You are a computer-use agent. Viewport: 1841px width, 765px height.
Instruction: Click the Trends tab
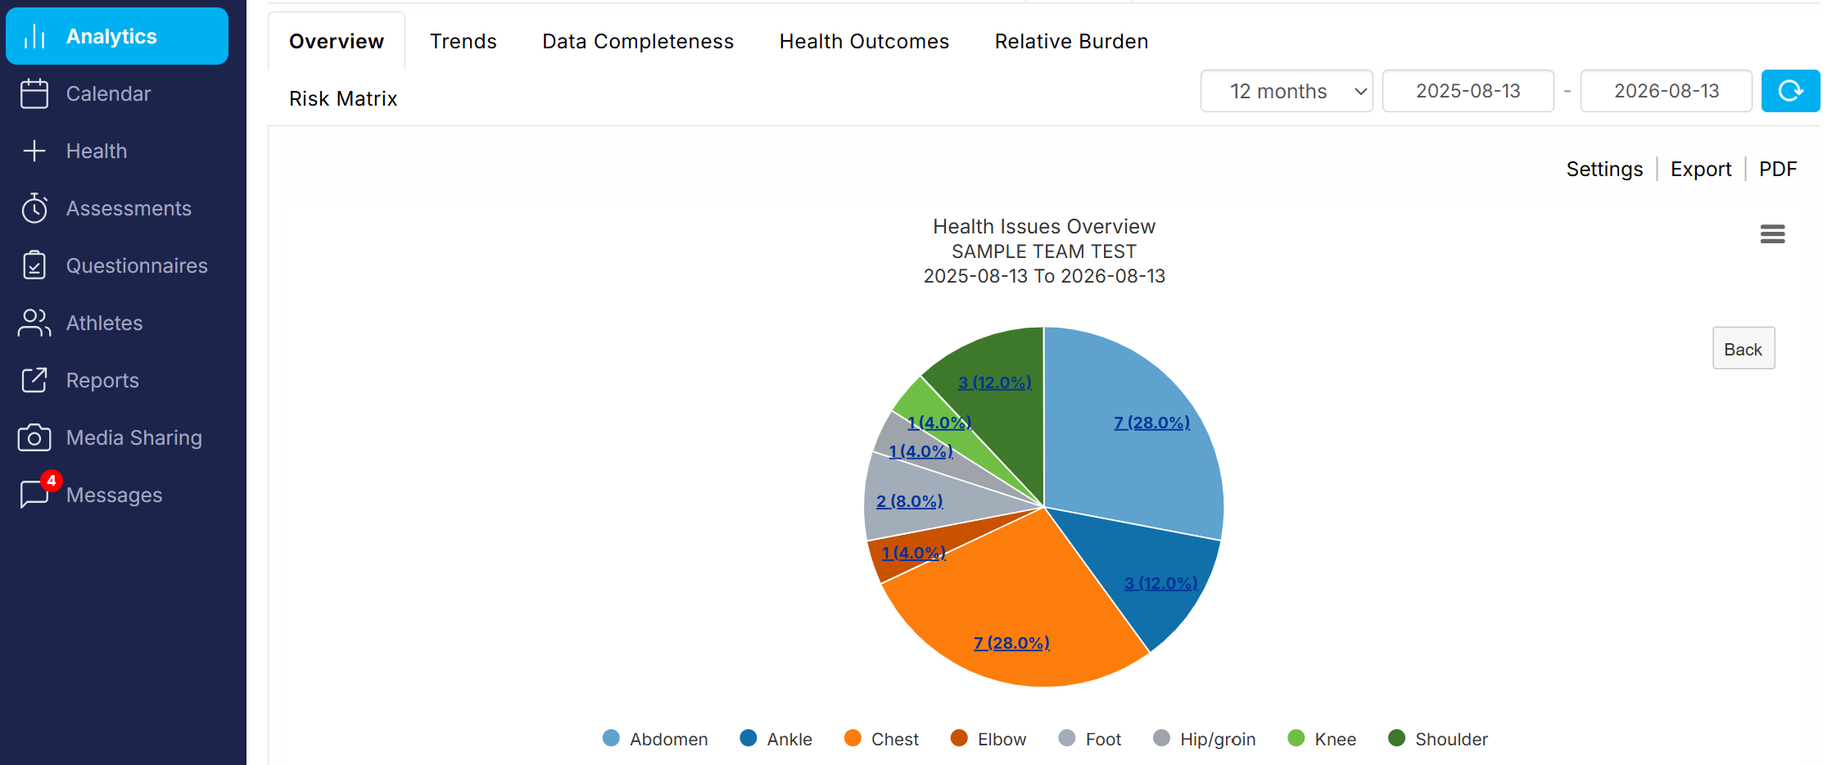[463, 42]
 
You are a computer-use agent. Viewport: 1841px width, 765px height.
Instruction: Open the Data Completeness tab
[638, 42]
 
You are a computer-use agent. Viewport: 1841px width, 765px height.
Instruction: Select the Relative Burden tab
[1071, 42]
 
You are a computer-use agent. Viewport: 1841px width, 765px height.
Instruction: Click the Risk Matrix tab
[343, 99]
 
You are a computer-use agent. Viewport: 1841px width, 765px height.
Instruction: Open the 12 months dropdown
[1287, 91]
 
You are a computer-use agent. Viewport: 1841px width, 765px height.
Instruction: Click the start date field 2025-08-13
[1468, 91]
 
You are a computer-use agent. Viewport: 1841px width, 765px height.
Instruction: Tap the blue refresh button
[1790, 91]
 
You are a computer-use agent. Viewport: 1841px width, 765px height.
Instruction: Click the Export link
[1701, 170]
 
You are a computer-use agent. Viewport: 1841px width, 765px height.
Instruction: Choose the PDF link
[1778, 170]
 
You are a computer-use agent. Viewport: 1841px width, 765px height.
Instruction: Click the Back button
[1744, 349]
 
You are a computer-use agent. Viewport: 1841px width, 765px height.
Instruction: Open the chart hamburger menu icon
[1772, 234]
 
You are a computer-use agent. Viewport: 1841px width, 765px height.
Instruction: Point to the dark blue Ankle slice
[1155, 573]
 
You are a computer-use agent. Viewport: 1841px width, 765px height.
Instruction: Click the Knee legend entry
[1322, 739]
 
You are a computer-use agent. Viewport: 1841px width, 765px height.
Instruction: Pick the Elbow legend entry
[988, 739]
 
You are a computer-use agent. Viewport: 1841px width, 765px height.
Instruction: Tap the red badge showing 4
[51, 481]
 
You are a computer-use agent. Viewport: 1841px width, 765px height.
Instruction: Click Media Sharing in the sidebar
[133, 438]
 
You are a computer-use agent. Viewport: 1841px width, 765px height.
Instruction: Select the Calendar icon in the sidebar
[34, 93]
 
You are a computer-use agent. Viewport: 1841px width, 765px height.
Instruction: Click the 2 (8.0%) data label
[909, 501]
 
